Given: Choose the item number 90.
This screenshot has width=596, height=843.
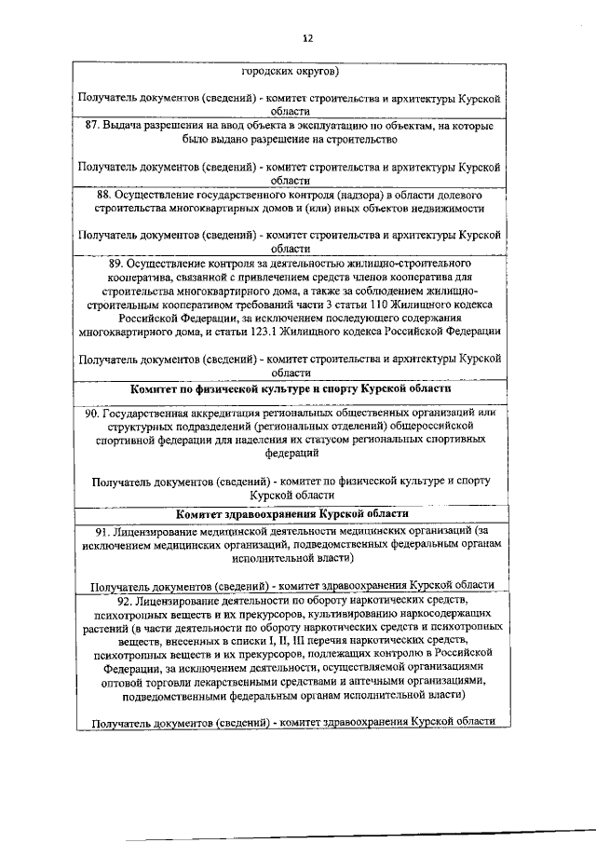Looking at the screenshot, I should [x=91, y=413].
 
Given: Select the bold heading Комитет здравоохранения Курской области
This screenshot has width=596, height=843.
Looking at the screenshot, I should [x=291, y=513].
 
